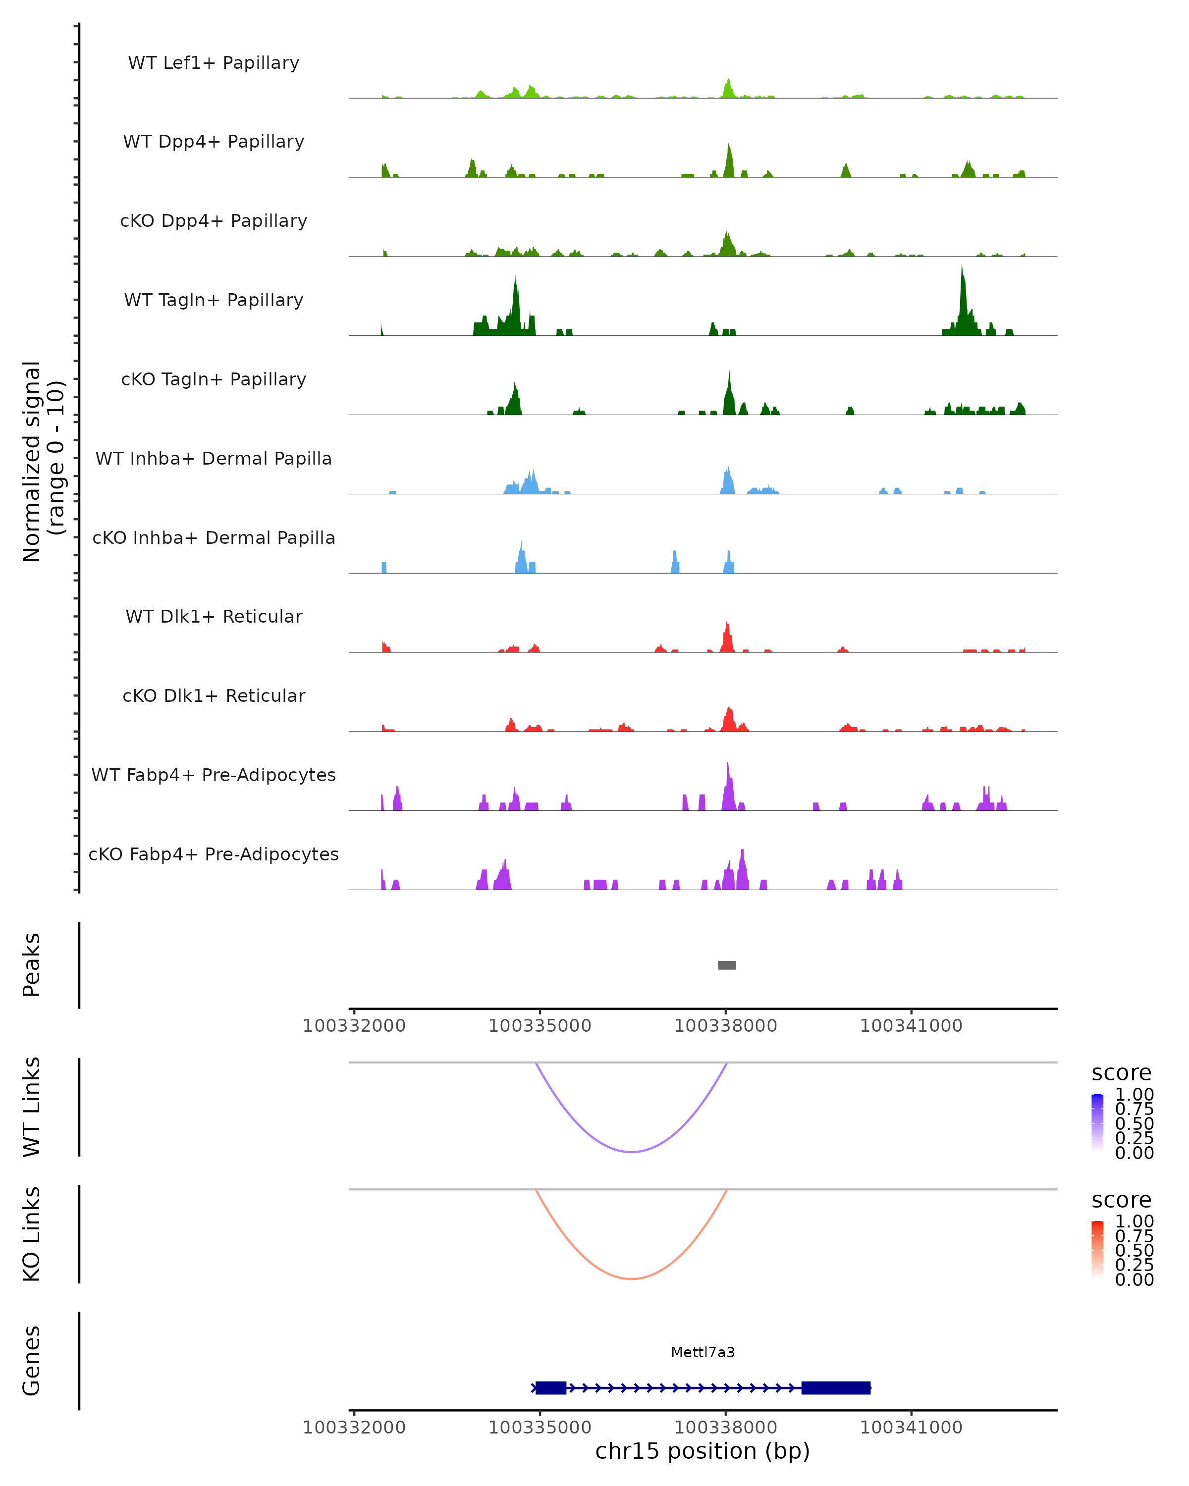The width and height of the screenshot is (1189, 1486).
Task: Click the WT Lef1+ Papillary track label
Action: click(214, 63)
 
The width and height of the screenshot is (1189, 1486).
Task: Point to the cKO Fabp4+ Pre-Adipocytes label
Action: click(214, 854)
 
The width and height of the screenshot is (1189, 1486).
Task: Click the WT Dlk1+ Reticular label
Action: click(214, 616)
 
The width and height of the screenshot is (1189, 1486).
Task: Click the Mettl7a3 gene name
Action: click(703, 1352)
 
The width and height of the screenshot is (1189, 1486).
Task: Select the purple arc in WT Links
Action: click(631, 1151)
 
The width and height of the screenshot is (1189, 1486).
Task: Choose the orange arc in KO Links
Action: click(631, 1278)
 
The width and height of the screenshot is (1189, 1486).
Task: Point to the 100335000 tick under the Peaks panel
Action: click(540, 1026)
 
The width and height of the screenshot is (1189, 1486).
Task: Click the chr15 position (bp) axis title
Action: click(703, 1451)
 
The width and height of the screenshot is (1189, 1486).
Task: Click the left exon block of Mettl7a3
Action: click(551, 1387)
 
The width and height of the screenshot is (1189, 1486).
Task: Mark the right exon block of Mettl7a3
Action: click(835, 1387)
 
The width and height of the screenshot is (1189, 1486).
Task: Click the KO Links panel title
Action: click(32, 1234)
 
